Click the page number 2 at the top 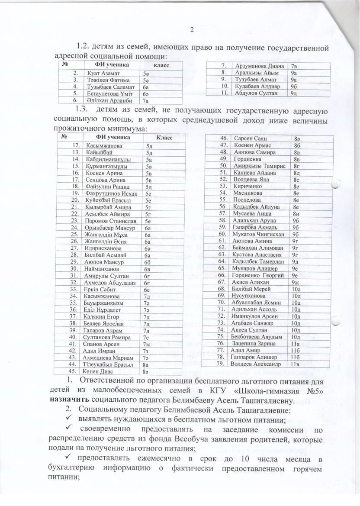pos(192,29)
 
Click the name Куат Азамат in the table pos(101,74)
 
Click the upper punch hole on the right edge pos(335,184)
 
